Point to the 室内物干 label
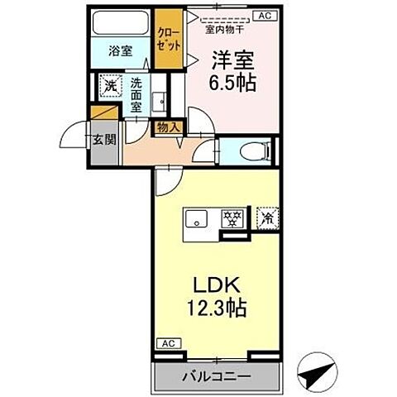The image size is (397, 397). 222,27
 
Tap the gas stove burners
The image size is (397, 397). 234,219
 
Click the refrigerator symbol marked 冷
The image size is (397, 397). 268,218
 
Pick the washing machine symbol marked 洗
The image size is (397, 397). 109,84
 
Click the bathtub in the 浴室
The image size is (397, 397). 121,23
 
